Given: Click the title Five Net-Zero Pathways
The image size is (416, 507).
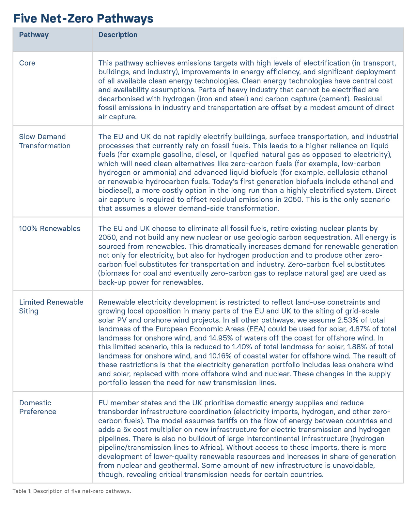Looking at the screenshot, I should click(x=83, y=18).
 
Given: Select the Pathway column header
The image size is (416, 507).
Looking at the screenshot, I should click(x=34, y=35).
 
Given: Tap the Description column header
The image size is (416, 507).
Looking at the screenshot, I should click(x=118, y=35).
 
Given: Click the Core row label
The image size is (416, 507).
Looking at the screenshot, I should click(x=27, y=63).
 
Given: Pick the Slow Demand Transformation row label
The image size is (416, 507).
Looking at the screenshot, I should click(x=45, y=141).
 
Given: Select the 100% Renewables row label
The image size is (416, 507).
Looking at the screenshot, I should click(x=50, y=228).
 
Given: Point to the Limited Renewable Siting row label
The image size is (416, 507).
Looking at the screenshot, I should click(x=51, y=306).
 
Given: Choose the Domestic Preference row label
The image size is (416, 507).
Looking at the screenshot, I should click(x=38, y=407).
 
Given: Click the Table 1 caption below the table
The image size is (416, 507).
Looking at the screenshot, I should click(x=72, y=491).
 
